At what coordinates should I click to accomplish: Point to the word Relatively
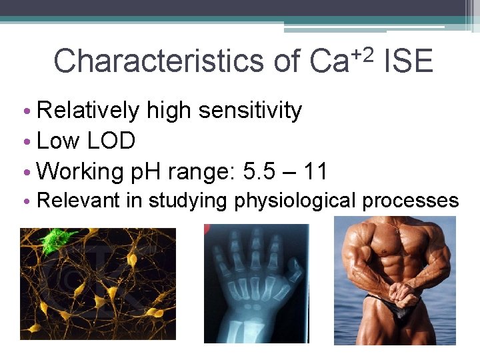89,111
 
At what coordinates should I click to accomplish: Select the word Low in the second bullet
59,141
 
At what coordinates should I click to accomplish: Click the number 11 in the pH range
315,171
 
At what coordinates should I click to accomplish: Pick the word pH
145,171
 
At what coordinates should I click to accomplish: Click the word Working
80,171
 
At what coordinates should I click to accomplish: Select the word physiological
296,201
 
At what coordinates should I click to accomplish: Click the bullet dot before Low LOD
25,142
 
